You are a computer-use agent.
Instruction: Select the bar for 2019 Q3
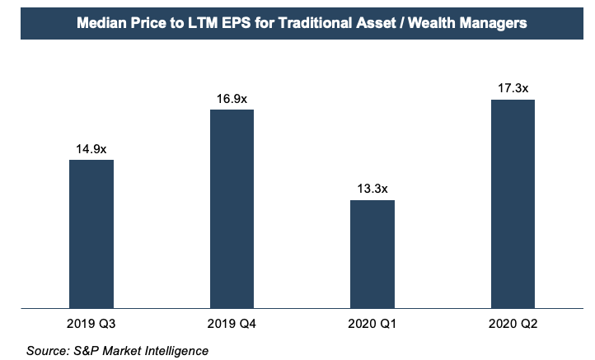[x=91, y=234]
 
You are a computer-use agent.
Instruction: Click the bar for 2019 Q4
[x=232, y=209]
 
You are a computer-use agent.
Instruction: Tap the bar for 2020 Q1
[x=372, y=255]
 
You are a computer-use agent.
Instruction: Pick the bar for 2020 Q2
[x=513, y=204]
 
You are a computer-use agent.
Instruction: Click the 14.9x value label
[x=91, y=149]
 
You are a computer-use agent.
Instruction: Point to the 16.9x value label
[x=232, y=99]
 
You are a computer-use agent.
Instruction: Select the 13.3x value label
[x=372, y=189]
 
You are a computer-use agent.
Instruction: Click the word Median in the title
[x=99, y=24]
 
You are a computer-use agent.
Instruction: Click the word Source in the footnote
[x=48, y=352]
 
